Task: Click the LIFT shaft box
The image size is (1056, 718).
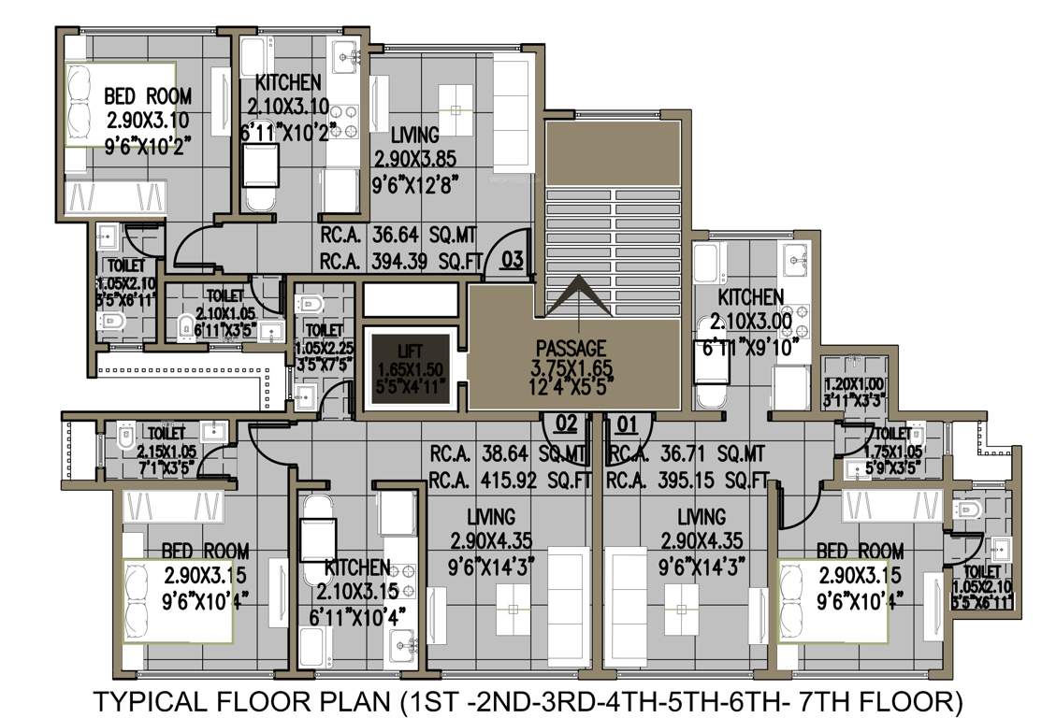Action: point(411,368)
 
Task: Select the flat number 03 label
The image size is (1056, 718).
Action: point(512,259)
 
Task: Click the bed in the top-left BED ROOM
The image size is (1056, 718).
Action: point(119,105)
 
